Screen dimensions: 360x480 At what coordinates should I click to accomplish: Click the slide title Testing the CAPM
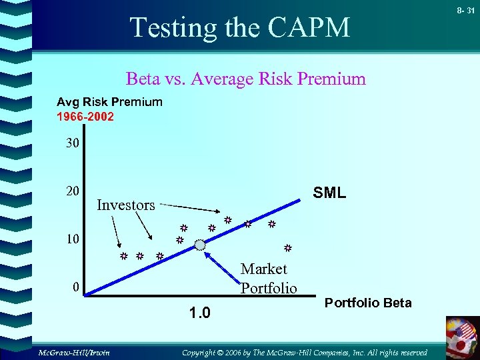point(240,28)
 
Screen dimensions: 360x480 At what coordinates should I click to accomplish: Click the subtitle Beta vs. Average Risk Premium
point(246,79)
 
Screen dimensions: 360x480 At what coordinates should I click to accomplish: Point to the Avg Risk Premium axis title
point(109,102)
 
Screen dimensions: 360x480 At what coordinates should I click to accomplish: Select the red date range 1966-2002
point(85,117)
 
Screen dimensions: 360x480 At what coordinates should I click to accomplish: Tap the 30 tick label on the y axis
point(72,143)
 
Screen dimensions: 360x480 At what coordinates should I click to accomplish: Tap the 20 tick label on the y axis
point(72,191)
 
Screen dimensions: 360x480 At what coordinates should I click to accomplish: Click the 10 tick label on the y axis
point(72,239)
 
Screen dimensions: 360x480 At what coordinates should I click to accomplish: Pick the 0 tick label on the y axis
point(77,287)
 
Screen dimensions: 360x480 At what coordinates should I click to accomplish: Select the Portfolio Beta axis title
point(368,303)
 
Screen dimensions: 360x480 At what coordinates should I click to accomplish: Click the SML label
point(329,193)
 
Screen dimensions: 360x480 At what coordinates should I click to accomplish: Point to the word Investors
point(126,205)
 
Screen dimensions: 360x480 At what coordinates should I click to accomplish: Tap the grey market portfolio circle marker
point(201,245)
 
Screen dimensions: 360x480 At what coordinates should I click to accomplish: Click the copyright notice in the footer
point(305,351)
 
